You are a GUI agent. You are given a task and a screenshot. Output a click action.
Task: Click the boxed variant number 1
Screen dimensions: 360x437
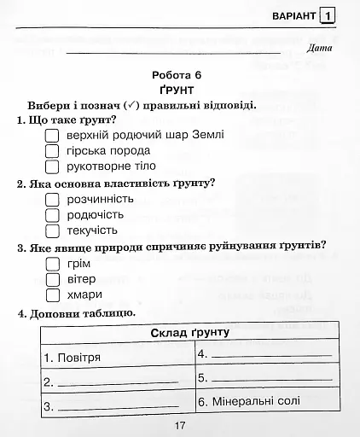pyautogui.click(x=328, y=15)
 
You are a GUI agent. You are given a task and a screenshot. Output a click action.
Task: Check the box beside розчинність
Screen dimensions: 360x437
pyautogui.click(x=51, y=200)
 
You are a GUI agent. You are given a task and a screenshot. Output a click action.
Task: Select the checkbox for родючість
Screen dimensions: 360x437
pyautogui.click(x=51, y=215)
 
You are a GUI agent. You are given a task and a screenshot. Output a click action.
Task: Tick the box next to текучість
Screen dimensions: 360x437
pyautogui.click(x=51, y=230)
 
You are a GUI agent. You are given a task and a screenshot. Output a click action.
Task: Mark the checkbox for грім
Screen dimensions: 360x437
pyautogui.click(x=51, y=265)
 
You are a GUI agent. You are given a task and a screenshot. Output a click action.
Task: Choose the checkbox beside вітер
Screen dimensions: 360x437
pyautogui.click(x=51, y=280)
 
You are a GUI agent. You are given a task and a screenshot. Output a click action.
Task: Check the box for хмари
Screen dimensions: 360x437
pyautogui.click(x=51, y=295)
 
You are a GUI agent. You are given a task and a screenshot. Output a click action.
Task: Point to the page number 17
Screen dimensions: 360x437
pyautogui.click(x=179, y=427)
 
